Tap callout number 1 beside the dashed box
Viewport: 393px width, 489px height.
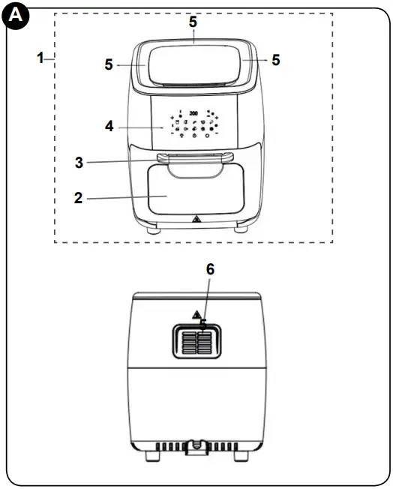coord(40,58)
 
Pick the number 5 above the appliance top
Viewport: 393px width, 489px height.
coord(193,22)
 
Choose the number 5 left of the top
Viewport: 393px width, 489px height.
coord(109,65)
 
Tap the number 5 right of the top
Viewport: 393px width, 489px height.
coord(276,60)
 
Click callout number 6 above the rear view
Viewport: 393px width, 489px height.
coord(211,269)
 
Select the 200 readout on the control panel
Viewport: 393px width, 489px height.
coord(193,113)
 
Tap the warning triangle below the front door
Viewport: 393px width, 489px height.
coord(196,220)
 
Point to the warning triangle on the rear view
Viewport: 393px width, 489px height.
coord(196,314)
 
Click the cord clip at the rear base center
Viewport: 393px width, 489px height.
coord(195,447)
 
